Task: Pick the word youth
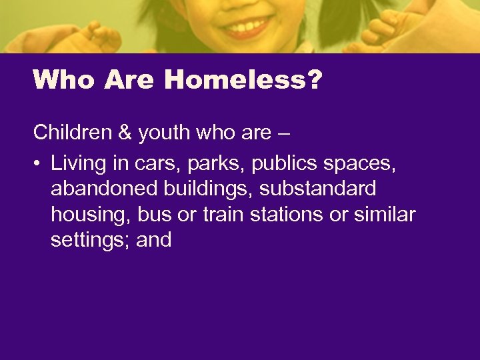point(163,133)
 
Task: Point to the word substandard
point(318,189)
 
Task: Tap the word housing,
point(91,215)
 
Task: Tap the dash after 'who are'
point(283,133)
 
